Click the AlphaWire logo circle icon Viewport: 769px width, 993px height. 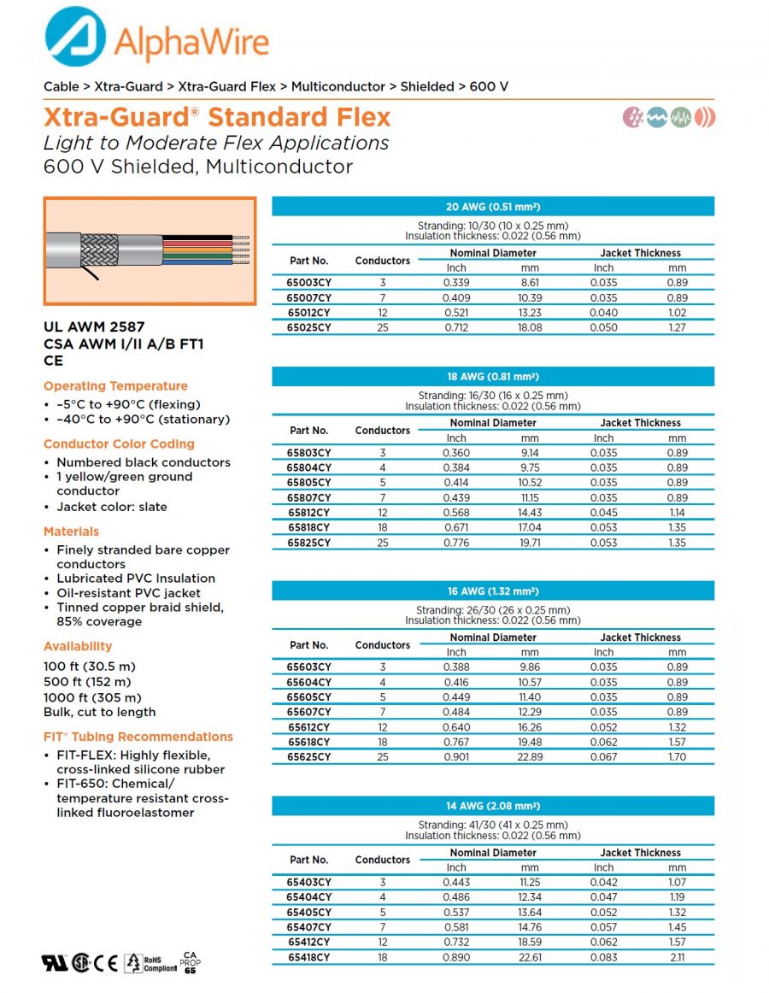pyautogui.click(x=75, y=37)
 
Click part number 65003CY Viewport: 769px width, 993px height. pyautogui.click(x=308, y=283)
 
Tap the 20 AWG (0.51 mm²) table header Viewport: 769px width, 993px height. pyautogui.click(x=493, y=207)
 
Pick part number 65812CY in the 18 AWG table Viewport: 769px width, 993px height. pyautogui.click(x=308, y=513)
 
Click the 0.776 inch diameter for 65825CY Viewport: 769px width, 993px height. pyautogui.click(x=456, y=543)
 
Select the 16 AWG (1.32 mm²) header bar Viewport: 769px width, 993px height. pyautogui.click(x=493, y=591)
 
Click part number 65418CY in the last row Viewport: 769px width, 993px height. pyautogui.click(x=308, y=957)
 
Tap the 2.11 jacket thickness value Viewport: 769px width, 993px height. pyautogui.click(x=677, y=957)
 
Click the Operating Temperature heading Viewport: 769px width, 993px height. pyautogui.click(x=115, y=386)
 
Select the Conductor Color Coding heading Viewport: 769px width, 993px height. pyautogui.click(x=119, y=444)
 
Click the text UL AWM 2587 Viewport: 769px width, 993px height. pyautogui.click(x=94, y=326)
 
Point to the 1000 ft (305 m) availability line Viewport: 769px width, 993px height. pyautogui.click(x=93, y=696)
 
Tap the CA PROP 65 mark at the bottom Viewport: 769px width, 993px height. pyautogui.click(x=191, y=962)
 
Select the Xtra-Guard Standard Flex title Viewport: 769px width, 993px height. pyautogui.click(x=217, y=117)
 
